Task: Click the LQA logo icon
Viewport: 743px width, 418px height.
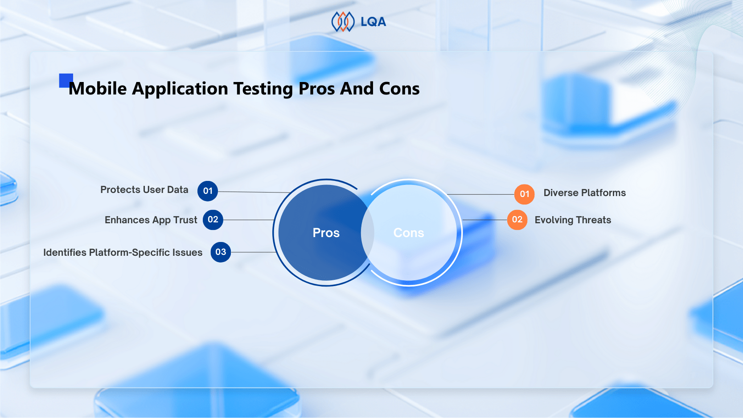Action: (343, 21)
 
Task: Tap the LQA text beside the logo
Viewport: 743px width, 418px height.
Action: (373, 22)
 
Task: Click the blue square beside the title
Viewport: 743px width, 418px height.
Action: (66, 80)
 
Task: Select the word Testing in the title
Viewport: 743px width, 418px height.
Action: (263, 89)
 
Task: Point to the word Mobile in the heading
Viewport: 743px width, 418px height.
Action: (98, 89)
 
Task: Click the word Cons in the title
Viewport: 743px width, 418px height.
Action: (399, 89)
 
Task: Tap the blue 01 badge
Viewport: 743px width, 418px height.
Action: (208, 191)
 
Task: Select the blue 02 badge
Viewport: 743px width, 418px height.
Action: (213, 220)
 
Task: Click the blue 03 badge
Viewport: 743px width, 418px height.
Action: (221, 252)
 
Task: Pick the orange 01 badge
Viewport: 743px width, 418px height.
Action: (525, 194)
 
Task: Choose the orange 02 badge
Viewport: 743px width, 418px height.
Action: (517, 220)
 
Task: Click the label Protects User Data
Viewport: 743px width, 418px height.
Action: (144, 190)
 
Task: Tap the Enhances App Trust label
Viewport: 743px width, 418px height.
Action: (151, 220)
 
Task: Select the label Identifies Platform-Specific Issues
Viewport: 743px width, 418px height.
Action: (123, 253)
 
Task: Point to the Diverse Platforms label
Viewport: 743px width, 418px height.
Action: (584, 193)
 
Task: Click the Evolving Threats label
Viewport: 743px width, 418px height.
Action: (573, 220)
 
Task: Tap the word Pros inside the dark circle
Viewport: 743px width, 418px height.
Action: (326, 233)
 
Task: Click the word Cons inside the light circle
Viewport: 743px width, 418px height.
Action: (409, 233)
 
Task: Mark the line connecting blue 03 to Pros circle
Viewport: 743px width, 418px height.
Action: (253, 252)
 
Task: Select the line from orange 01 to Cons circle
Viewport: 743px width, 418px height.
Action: (481, 194)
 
